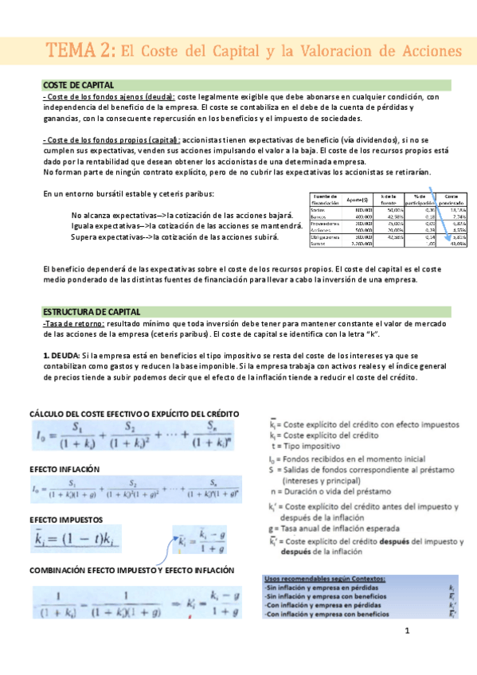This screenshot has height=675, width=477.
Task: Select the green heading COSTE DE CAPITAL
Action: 78,85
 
